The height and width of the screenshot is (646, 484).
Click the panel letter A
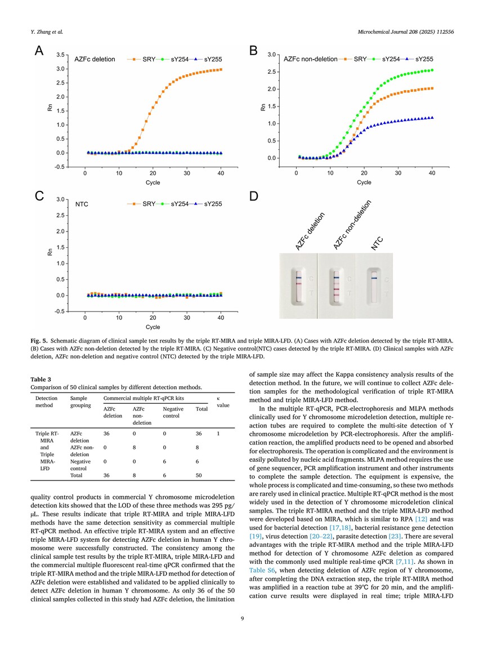point(39,51)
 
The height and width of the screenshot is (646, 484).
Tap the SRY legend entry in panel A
point(142,59)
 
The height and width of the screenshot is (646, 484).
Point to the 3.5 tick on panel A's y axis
point(60,55)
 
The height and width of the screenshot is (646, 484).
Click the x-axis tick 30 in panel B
point(398,173)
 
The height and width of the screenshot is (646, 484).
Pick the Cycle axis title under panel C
point(153,327)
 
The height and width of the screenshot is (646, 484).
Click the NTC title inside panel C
point(82,204)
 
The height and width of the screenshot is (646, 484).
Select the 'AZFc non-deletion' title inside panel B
point(310,59)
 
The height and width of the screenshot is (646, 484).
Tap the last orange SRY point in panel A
point(221,70)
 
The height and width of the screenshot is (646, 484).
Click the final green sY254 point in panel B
point(432,70)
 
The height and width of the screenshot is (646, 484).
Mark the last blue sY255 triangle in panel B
point(432,117)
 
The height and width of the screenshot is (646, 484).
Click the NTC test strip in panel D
point(374,287)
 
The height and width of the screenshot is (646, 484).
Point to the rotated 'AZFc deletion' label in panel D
point(310,231)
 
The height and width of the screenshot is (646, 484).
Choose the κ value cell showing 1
point(218,434)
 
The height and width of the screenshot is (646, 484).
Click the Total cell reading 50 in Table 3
point(199,475)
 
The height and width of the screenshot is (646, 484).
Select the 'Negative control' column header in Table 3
point(173,412)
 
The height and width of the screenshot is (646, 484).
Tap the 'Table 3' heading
point(41,380)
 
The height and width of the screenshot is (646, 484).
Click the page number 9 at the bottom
point(243,618)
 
